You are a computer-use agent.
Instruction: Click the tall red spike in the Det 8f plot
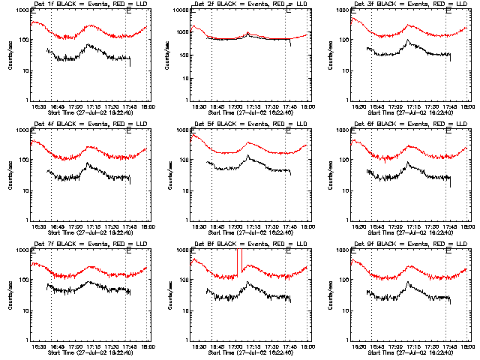tap(239, 262)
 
